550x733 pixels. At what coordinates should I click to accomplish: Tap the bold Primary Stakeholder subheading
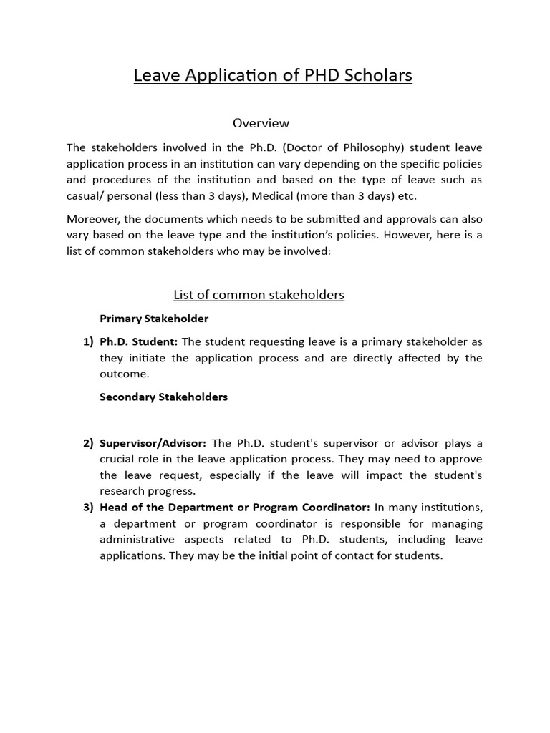coord(154,318)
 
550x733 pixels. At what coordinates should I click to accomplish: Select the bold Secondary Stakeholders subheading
coord(163,397)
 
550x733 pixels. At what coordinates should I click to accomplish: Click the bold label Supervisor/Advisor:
coord(153,443)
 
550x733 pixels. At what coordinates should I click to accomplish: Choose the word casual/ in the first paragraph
coord(86,196)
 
